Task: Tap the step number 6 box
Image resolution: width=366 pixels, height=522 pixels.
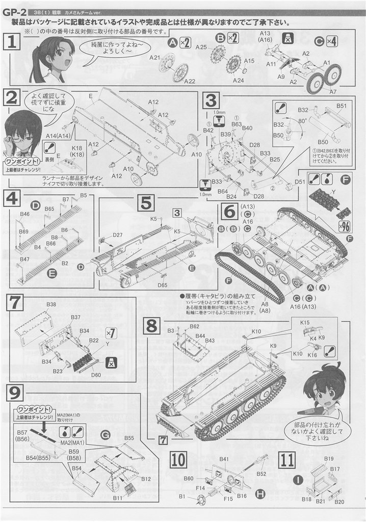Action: (x=229, y=210)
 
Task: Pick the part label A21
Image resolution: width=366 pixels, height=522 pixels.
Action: (x=155, y=58)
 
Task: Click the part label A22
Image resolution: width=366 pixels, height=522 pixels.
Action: (x=189, y=82)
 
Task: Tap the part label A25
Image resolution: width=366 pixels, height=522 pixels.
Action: (x=200, y=47)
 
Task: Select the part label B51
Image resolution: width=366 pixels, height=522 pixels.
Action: (x=342, y=106)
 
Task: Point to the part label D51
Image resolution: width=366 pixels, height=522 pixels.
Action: (x=300, y=181)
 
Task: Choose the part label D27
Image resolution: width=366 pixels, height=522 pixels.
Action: (x=118, y=234)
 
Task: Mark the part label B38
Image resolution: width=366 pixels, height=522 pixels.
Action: (x=51, y=304)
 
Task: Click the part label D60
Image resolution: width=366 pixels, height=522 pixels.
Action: (x=96, y=375)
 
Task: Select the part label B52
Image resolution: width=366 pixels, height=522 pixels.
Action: (x=262, y=474)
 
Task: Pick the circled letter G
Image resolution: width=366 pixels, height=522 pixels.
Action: (x=106, y=434)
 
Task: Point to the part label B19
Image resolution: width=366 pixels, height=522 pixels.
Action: (x=328, y=458)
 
